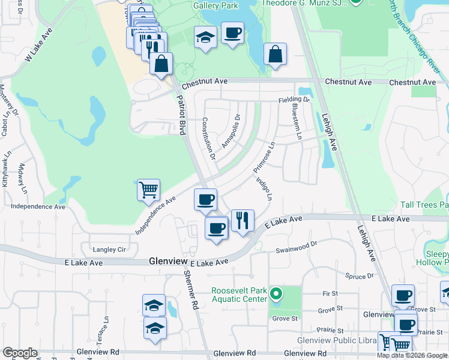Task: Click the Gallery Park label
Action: (215, 5)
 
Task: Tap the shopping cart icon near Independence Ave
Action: (148, 190)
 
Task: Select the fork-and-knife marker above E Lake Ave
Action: (243, 220)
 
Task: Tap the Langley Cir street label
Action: (109, 249)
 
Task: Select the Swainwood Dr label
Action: (295, 247)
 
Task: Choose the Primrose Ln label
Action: (264, 156)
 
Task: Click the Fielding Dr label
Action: (294, 99)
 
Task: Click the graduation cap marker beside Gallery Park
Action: (205, 38)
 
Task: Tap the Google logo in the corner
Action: (20, 353)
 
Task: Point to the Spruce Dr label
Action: (360, 275)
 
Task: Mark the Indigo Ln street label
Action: (264, 188)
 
